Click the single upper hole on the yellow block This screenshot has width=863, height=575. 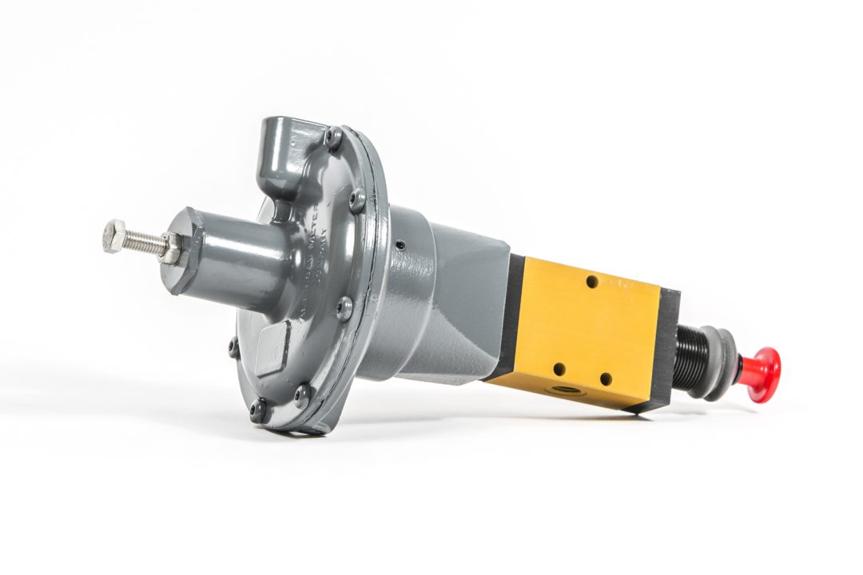click(x=591, y=281)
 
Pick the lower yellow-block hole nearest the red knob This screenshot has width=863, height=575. click(x=605, y=379)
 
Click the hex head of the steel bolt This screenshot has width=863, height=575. click(x=114, y=236)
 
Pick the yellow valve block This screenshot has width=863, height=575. click(x=583, y=331)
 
